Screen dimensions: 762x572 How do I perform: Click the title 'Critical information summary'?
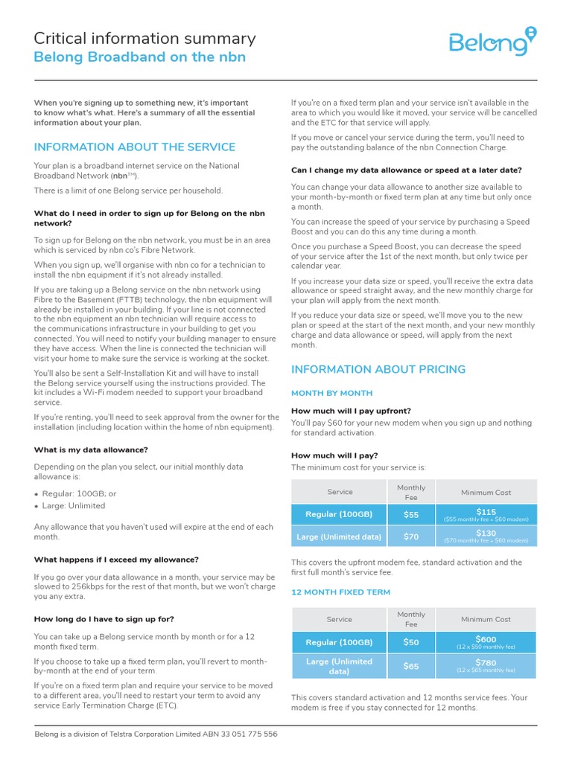[145, 39]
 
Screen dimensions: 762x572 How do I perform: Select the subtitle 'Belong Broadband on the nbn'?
[140, 58]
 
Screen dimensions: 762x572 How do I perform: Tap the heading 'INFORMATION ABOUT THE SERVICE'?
[135, 147]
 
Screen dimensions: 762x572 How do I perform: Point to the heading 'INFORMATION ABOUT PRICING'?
[378, 369]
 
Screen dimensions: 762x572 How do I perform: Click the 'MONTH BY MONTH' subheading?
[331, 393]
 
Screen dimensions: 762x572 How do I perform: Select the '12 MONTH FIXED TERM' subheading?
[341, 592]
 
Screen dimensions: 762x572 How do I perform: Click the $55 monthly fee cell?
[411, 514]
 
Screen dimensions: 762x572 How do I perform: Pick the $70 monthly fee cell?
[411, 536]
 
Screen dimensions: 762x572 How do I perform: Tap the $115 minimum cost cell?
[486, 514]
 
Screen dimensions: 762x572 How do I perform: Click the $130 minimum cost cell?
[486, 536]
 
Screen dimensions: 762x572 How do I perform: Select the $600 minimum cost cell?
[486, 642]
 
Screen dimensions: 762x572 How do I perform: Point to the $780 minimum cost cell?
[486, 665]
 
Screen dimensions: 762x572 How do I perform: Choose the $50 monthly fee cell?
[411, 642]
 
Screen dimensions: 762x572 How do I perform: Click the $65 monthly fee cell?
[411, 666]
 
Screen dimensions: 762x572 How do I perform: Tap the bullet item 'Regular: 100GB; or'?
[79, 493]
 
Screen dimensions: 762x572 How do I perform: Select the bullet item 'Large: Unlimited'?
[74, 506]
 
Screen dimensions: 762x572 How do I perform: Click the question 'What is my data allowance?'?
[91, 449]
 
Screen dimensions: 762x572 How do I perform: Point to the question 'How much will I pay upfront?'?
[351, 411]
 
